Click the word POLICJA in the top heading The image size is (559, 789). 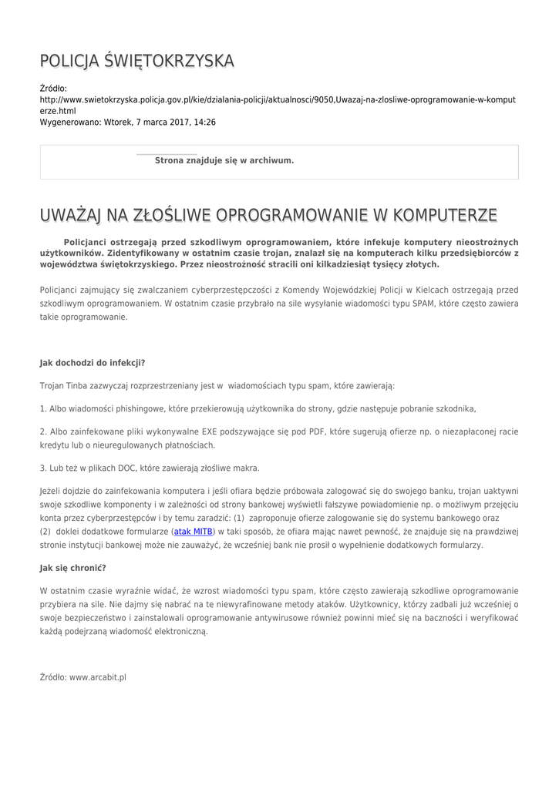click(x=69, y=61)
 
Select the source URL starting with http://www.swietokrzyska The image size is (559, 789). click(x=278, y=100)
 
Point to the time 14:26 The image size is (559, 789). click(x=204, y=122)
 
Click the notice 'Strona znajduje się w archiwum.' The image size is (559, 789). click(x=224, y=160)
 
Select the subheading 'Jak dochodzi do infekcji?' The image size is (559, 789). click(x=93, y=362)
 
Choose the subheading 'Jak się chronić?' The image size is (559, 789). click(x=72, y=567)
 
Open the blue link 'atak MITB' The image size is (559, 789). click(x=194, y=532)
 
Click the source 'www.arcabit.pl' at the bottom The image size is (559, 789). click(x=98, y=677)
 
